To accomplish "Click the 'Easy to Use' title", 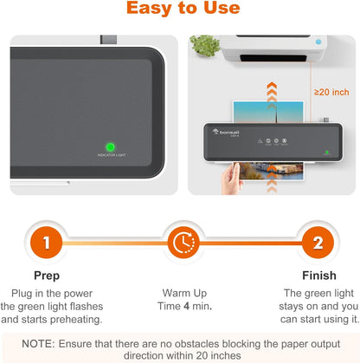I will click(180, 10).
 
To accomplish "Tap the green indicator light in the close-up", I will click(111, 146).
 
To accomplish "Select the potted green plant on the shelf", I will click(204, 46).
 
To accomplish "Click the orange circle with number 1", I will click(46, 242).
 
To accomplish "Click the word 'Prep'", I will click(46, 276).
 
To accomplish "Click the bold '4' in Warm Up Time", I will click(187, 307).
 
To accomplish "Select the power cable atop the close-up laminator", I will click(108, 40).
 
